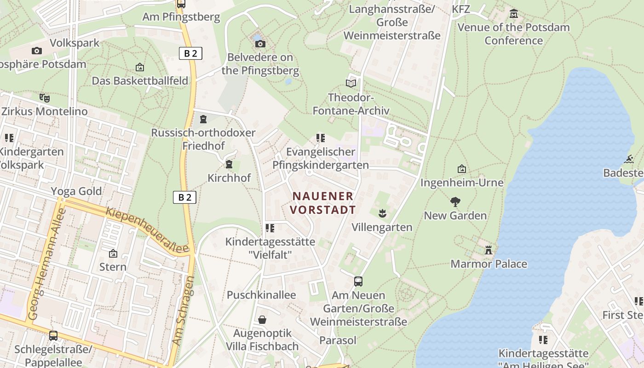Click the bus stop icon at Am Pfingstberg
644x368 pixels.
coord(181,4)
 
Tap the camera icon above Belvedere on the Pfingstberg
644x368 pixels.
coord(260,44)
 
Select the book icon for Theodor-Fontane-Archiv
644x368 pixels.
coord(351,83)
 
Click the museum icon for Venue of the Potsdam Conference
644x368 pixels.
coord(514,14)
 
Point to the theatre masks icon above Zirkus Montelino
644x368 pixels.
coord(44,98)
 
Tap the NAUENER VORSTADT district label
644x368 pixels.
coord(324,203)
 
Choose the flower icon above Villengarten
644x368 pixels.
coord(382,213)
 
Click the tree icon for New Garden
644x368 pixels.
coord(455,201)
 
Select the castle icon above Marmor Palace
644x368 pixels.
coord(489,250)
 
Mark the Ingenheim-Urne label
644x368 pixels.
coord(462,183)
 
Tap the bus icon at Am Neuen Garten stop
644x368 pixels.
coord(358,281)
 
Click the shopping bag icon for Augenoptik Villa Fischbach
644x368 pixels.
coord(262,319)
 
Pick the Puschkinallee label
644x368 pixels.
coord(261,295)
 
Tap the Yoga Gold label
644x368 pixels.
coord(76,191)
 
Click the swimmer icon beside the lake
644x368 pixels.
coord(629,159)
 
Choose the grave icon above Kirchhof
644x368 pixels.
coord(229,164)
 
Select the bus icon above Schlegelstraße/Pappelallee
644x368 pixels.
coord(53,335)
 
